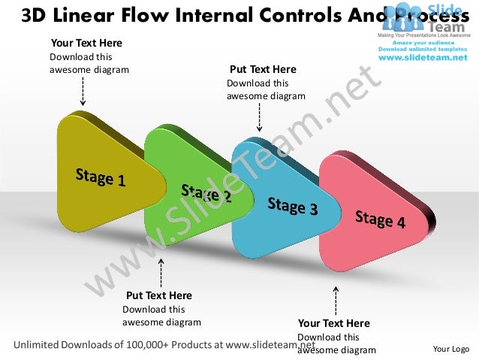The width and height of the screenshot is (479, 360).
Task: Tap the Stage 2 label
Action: point(206,194)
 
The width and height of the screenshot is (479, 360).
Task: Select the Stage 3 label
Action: point(292,206)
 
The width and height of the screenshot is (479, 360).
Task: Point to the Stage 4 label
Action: point(380,219)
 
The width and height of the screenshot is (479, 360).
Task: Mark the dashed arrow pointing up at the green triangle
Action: point(159,274)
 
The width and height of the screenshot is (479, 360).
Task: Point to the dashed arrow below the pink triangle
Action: point(336,300)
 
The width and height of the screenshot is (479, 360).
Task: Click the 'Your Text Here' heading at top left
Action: point(86,44)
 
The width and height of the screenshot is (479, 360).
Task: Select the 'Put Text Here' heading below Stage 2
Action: point(158,295)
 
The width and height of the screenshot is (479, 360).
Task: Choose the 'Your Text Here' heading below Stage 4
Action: point(334,324)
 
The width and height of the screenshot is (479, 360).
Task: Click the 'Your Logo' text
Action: point(451,349)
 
